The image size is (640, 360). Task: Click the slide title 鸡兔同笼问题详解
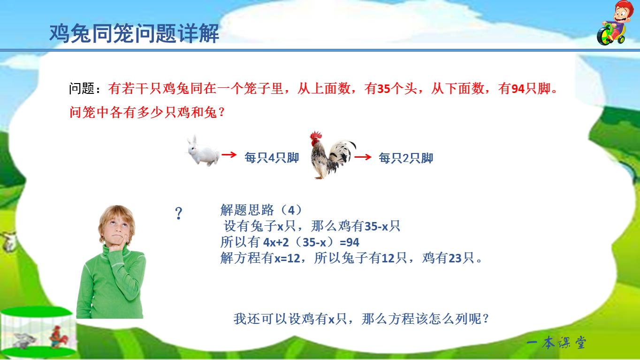click(134, 34)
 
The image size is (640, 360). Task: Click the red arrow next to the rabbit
click(229, 155)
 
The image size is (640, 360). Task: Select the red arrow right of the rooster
click(363, 157)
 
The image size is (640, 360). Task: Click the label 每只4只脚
click(272, 158)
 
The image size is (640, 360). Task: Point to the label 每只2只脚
click(406, 158)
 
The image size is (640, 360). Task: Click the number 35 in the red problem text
click(384, 89)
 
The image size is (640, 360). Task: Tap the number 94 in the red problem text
click(518, 89)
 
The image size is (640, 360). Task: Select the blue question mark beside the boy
click(178, 214)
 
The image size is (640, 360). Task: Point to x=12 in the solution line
click(286, 258)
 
